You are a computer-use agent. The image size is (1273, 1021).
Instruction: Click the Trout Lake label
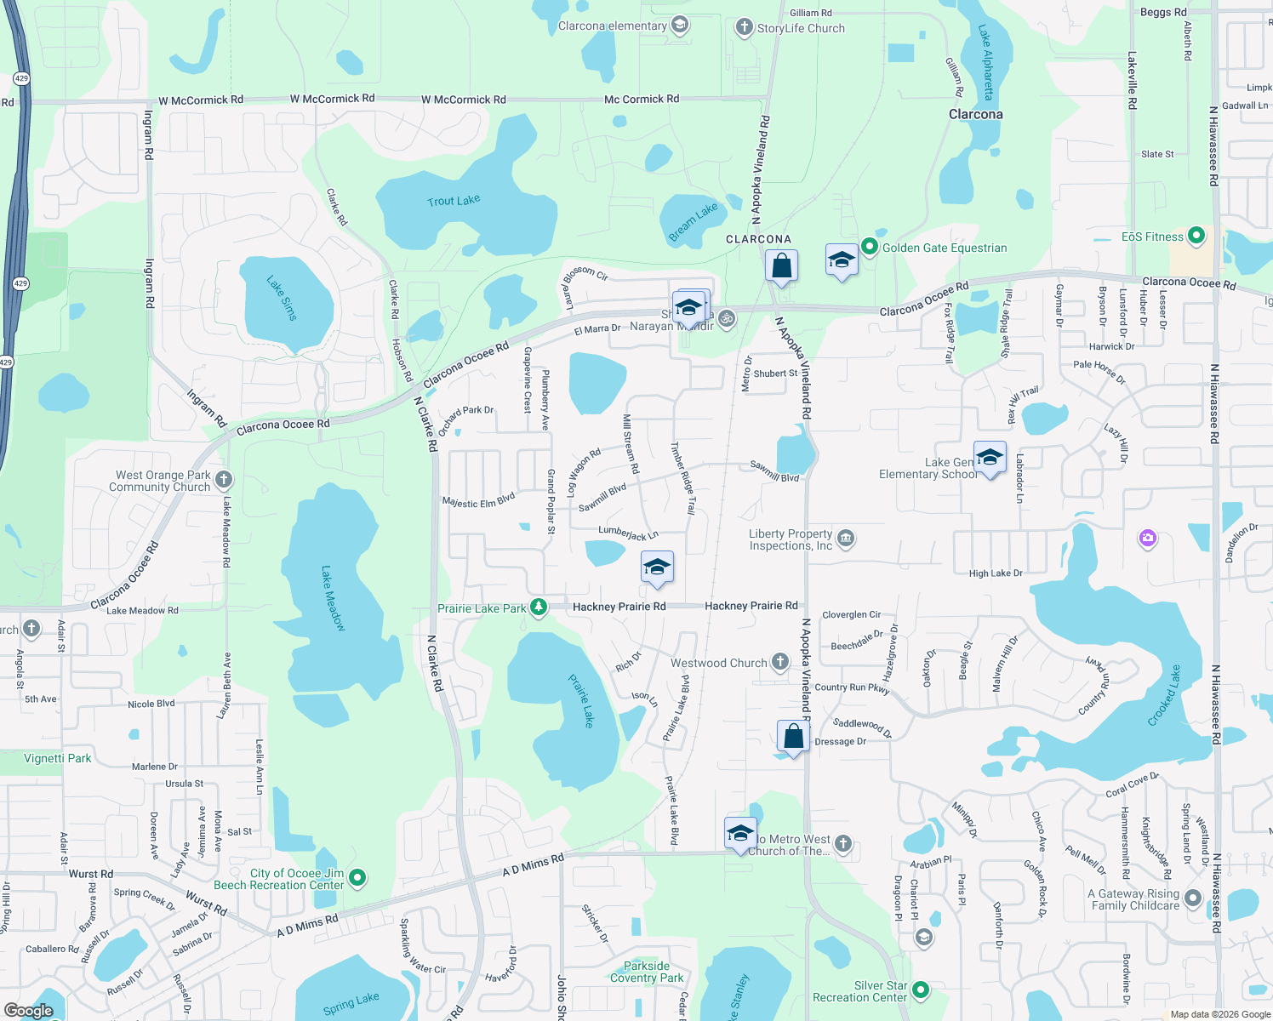(x=454, y=201)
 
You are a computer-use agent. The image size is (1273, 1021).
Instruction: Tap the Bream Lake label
(x=693, y=222)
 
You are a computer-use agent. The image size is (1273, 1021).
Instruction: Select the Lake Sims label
(x=283, y=298)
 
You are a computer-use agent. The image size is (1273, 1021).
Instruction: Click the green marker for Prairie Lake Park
(x=538, y=607)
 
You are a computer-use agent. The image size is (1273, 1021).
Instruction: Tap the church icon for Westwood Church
(x=779, y=663)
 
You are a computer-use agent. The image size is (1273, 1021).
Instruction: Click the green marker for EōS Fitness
(x=1196, y=236)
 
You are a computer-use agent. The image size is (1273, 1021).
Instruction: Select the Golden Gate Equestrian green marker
(x=869, y=247)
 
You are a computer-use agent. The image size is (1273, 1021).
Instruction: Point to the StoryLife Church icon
(x=745, y=27)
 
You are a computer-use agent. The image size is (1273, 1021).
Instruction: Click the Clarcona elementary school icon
(x=680, y=25)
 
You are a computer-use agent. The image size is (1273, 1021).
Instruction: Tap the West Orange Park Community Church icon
(x=224, y=480)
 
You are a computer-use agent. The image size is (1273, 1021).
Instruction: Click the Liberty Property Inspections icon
(x=846, y=538)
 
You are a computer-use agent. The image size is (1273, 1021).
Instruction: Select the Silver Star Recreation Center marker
(x=920, y=990)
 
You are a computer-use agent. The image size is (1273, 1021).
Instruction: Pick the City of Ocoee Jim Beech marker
(x=357, y=877)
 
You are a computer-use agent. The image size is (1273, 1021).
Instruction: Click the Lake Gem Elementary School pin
(x=990, y=458)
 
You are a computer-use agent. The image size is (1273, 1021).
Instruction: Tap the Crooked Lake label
(x=1164, y=695)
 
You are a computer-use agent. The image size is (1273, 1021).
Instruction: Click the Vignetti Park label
(x=57, y=758)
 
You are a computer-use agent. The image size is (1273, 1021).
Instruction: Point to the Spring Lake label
(x=351, y=1003)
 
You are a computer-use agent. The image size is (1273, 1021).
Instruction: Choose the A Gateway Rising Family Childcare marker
(x=1193, y=898)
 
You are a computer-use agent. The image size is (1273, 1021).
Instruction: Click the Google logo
(x=29, y=1011)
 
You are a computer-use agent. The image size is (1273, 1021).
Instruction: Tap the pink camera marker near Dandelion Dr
(x=1148, y=538)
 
